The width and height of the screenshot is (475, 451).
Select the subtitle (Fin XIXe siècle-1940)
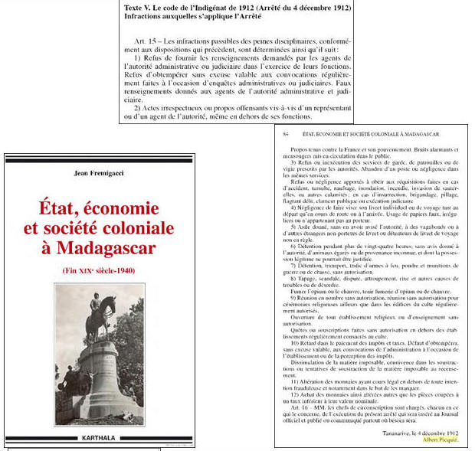97,270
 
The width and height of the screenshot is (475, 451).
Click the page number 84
287,135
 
